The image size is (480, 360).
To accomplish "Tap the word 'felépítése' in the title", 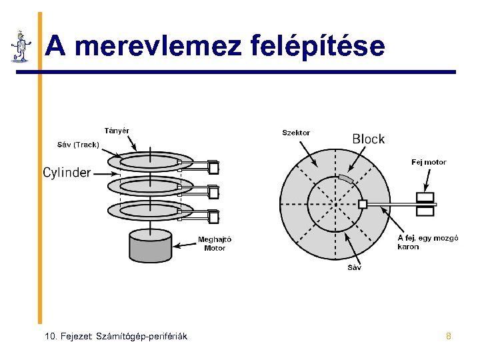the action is tap(318, 47).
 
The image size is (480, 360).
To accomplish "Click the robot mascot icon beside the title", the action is tap(21, 46).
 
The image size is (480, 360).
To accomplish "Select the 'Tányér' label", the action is tap(117, 130).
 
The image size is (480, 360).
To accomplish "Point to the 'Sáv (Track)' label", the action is tap(77, 144).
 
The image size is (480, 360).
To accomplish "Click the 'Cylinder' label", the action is tap(67, 173).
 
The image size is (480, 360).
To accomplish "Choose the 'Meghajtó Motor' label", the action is tap(215, 244).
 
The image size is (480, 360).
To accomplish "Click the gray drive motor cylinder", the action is tap(150, 246).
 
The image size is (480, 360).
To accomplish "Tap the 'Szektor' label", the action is tap(296, 133).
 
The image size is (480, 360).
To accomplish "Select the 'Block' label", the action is tap(368, 139).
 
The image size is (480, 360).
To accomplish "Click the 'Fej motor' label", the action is tap(429, 162).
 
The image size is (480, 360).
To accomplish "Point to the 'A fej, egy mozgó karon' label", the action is tap(427, 242).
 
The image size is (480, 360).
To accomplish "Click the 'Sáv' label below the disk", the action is tap(355, 267).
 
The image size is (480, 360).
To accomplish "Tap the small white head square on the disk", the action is tap(363, 203).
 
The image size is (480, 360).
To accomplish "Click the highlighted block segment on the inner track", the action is tap(344, 178).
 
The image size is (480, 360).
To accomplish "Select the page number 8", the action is tap(449, 336).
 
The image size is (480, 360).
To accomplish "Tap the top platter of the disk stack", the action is tap(150, 162).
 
